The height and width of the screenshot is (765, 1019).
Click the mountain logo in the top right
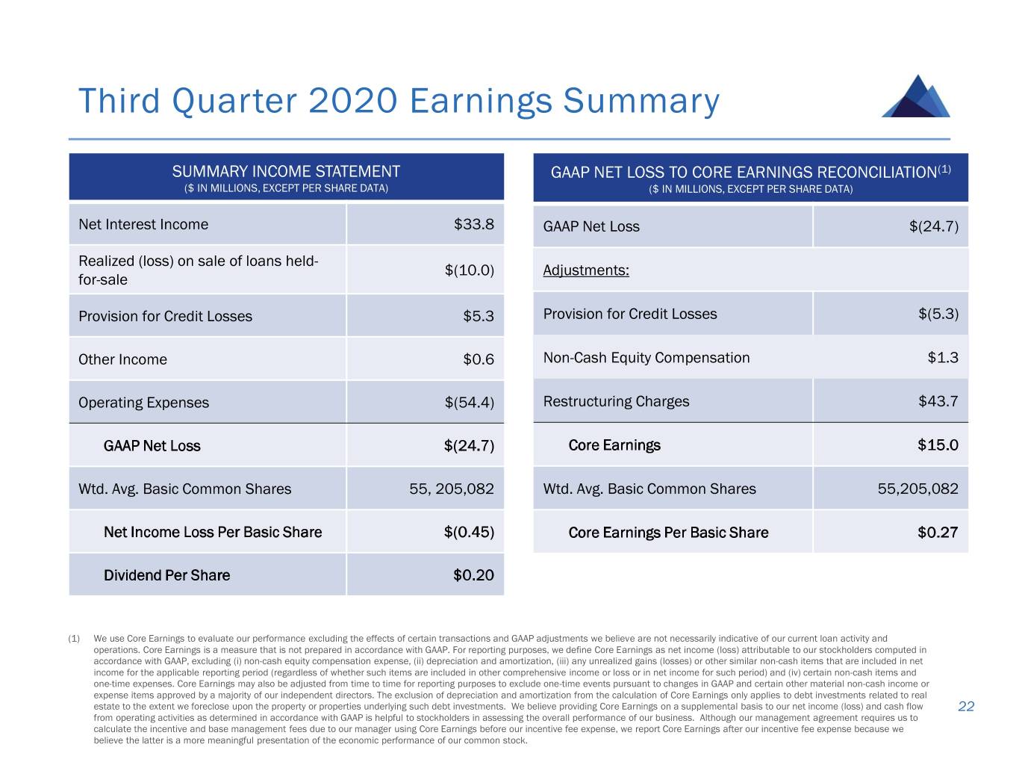[x=916, y=97]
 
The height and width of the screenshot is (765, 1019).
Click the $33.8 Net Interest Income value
[x=473, y=224]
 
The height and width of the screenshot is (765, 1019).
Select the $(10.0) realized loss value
[x=469, y=270]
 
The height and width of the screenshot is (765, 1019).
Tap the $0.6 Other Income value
[x=479, y=359]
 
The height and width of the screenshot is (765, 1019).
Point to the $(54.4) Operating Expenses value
[x=469, y=403]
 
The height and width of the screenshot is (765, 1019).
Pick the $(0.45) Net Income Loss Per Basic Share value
[x=469, y=532]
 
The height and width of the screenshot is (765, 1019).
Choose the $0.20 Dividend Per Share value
[x=473, y=575]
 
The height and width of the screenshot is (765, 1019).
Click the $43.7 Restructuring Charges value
[x=938, y=401]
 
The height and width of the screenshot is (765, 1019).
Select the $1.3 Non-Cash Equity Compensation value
[x=943, y=358]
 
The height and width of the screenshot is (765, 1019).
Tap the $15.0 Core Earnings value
[x=938, y=445]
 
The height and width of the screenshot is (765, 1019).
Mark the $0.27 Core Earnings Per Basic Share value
[x=938, y=533]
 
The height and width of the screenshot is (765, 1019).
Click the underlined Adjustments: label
[x=586, y=270]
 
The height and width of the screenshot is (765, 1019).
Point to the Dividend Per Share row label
[x=166, y=575]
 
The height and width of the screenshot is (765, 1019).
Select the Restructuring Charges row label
[x=616, y=401]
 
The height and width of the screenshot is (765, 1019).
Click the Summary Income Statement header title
[x=286, y=171]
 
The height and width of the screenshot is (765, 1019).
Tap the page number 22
[x=966, y=707]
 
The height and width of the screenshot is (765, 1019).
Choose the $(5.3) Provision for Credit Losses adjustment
[x=938, y=314]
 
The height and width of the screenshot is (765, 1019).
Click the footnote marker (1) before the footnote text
[x=74, y=639]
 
